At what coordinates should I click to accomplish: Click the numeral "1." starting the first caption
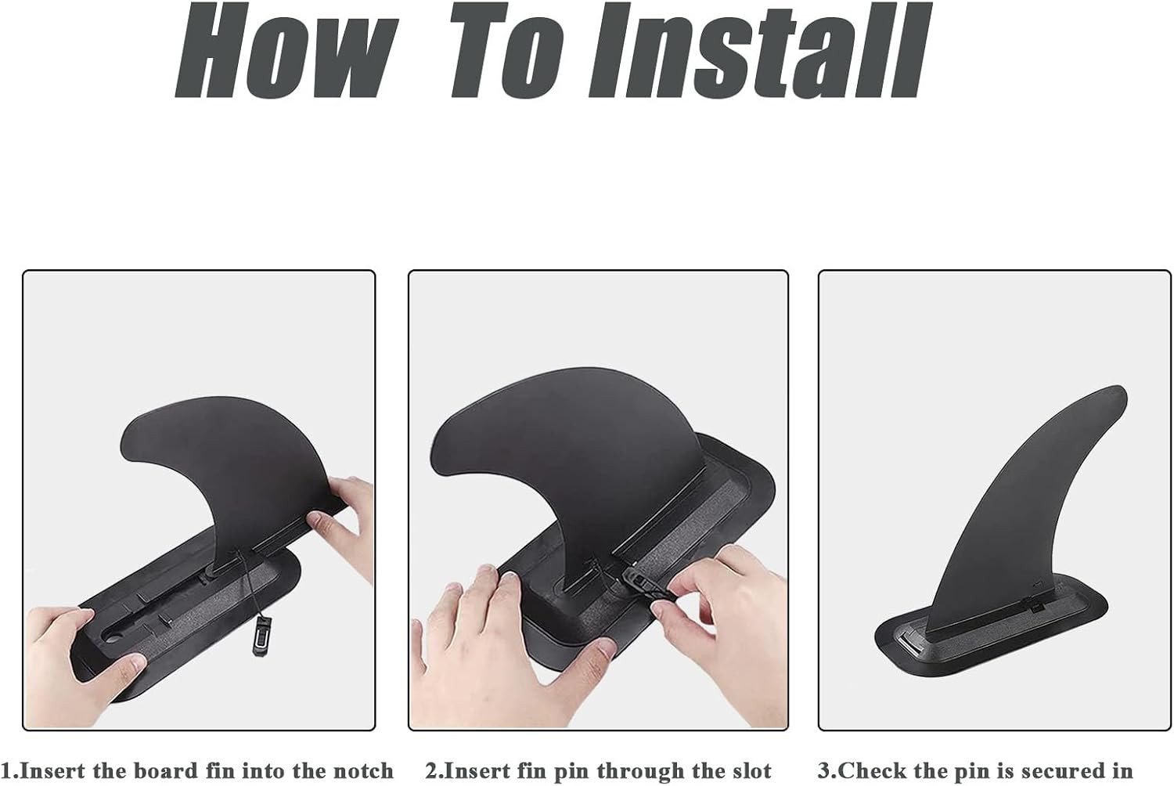(10, 771)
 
